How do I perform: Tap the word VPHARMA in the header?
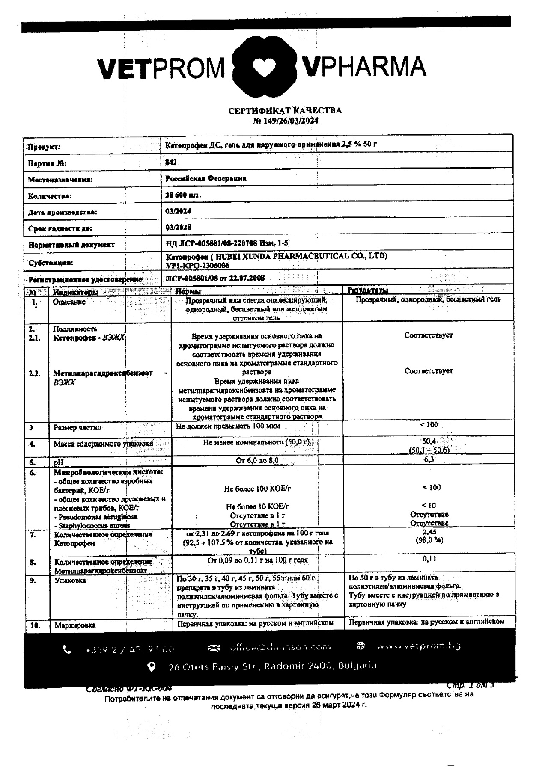(x=363, y=67)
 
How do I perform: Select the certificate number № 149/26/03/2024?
(x=285, y=121)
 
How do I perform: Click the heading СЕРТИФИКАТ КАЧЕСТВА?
(x=285, y=111)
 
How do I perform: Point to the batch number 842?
(x=171, y=163)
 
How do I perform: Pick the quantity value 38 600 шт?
(x=183, y=195)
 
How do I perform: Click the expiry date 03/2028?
(x=178, y=228)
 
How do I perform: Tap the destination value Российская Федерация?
(x=205, y=178)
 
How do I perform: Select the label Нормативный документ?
(x=71, y=245)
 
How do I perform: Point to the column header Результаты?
(x=367, y=290)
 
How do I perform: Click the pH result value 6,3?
(x=429, y=459)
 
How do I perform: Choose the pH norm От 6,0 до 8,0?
(x=257, y=460)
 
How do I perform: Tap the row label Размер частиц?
(x=77, y=428)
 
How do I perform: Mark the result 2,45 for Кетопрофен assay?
(x=429, y=532)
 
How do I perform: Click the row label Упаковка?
(x=70, y=580)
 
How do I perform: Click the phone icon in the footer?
(x=67, y=649)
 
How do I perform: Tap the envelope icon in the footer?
(x=213, y=648)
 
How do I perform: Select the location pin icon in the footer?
(x=151, y=666)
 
